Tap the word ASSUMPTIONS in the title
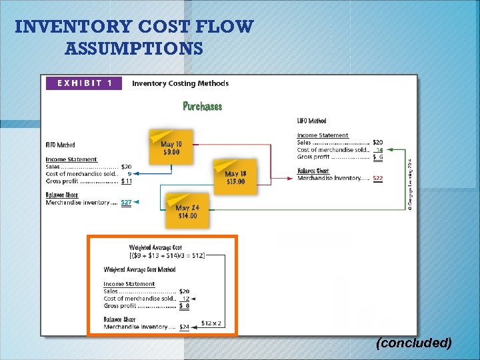(x=134, y=49)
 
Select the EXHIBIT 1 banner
(x=84, y=83)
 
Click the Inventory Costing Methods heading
(x=180, y=83)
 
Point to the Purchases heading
(x=203, y=106)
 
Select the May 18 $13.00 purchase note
(x=235, y=177)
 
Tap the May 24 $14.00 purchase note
(x=187, y=211)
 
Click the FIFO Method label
(x=60, y=145)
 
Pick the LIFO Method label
(x=311, y=121)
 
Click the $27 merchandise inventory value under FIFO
(x=126, y=203)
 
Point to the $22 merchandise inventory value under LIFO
(x=377, y=178)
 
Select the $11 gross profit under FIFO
(x=126, y=181)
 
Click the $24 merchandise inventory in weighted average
(x=184, y=327)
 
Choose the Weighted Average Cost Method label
(x=139, y=269)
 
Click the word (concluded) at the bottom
(x=413, y=343)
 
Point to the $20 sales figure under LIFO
(x=377, y=142)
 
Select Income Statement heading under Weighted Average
(x=129, y=284)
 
